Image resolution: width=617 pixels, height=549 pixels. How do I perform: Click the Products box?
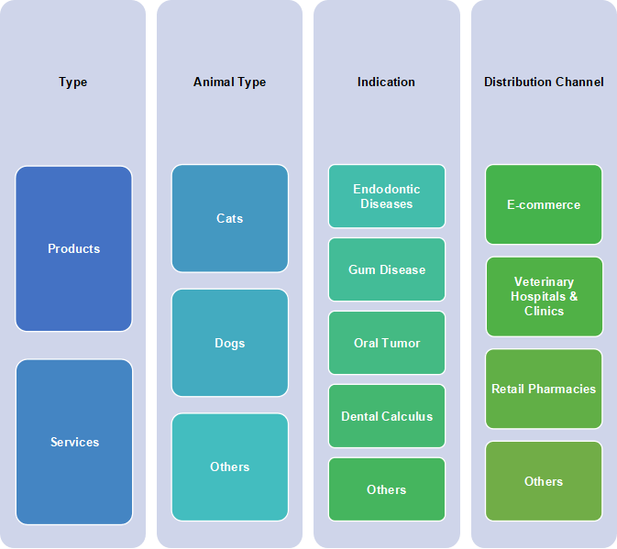pos(73,248)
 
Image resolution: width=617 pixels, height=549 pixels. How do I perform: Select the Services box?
pos(74,442)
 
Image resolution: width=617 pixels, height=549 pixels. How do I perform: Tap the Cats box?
pos(230,218)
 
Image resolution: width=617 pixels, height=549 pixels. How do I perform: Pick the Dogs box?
pos(230,343)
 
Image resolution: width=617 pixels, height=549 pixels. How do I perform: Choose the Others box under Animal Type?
pos(230,467)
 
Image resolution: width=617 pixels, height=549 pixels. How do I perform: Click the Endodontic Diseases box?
pos(387,196)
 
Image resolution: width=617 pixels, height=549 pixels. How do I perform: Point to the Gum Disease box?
pos(387,269)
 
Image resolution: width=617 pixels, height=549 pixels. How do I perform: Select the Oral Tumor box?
pos(387,343)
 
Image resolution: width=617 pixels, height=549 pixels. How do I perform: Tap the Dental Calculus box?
pos(387,416)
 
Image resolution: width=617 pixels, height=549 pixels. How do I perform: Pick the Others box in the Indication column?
pos(387,489)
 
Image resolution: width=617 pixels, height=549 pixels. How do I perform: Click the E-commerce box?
pos(544,204)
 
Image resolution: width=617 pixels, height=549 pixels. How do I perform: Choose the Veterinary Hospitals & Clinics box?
pos(545,297)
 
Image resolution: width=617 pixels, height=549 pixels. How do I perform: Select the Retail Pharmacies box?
pos(544,389)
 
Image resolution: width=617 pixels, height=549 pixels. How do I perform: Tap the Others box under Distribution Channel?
pos(544,481)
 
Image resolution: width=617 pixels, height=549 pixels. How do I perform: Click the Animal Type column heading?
pos(229,82)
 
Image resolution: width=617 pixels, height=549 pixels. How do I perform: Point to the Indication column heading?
pos(386,82)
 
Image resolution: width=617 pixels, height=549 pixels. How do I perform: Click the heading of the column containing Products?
pos(72,82)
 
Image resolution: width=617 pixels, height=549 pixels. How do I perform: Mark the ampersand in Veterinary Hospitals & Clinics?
pos(574,296)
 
